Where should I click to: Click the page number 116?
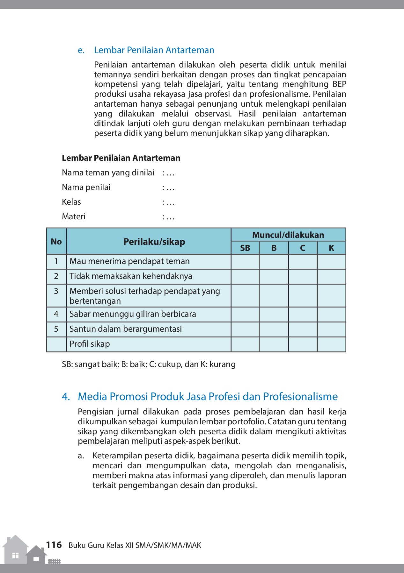[54, 545]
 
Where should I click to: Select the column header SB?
[245, 248]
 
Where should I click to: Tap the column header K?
[331, 248]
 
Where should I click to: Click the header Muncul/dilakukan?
[288, 235]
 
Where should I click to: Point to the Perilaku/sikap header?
[154, 242]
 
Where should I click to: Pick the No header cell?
[56, 242]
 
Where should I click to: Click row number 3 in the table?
[56, 291]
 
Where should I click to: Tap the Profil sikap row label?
[90, 344]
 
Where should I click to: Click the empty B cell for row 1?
[274, 261]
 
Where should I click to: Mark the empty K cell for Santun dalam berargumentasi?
[331, 329]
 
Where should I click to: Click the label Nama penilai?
[86, 187]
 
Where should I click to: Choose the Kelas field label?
[71, 202]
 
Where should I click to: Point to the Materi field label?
[74, 216]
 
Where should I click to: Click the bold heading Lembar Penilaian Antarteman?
[121, 158]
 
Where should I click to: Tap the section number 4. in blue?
[66, 396]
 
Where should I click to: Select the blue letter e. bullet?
[81, 50]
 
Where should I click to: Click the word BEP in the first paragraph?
[339, 84]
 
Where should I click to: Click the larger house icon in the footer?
[15, 550]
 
